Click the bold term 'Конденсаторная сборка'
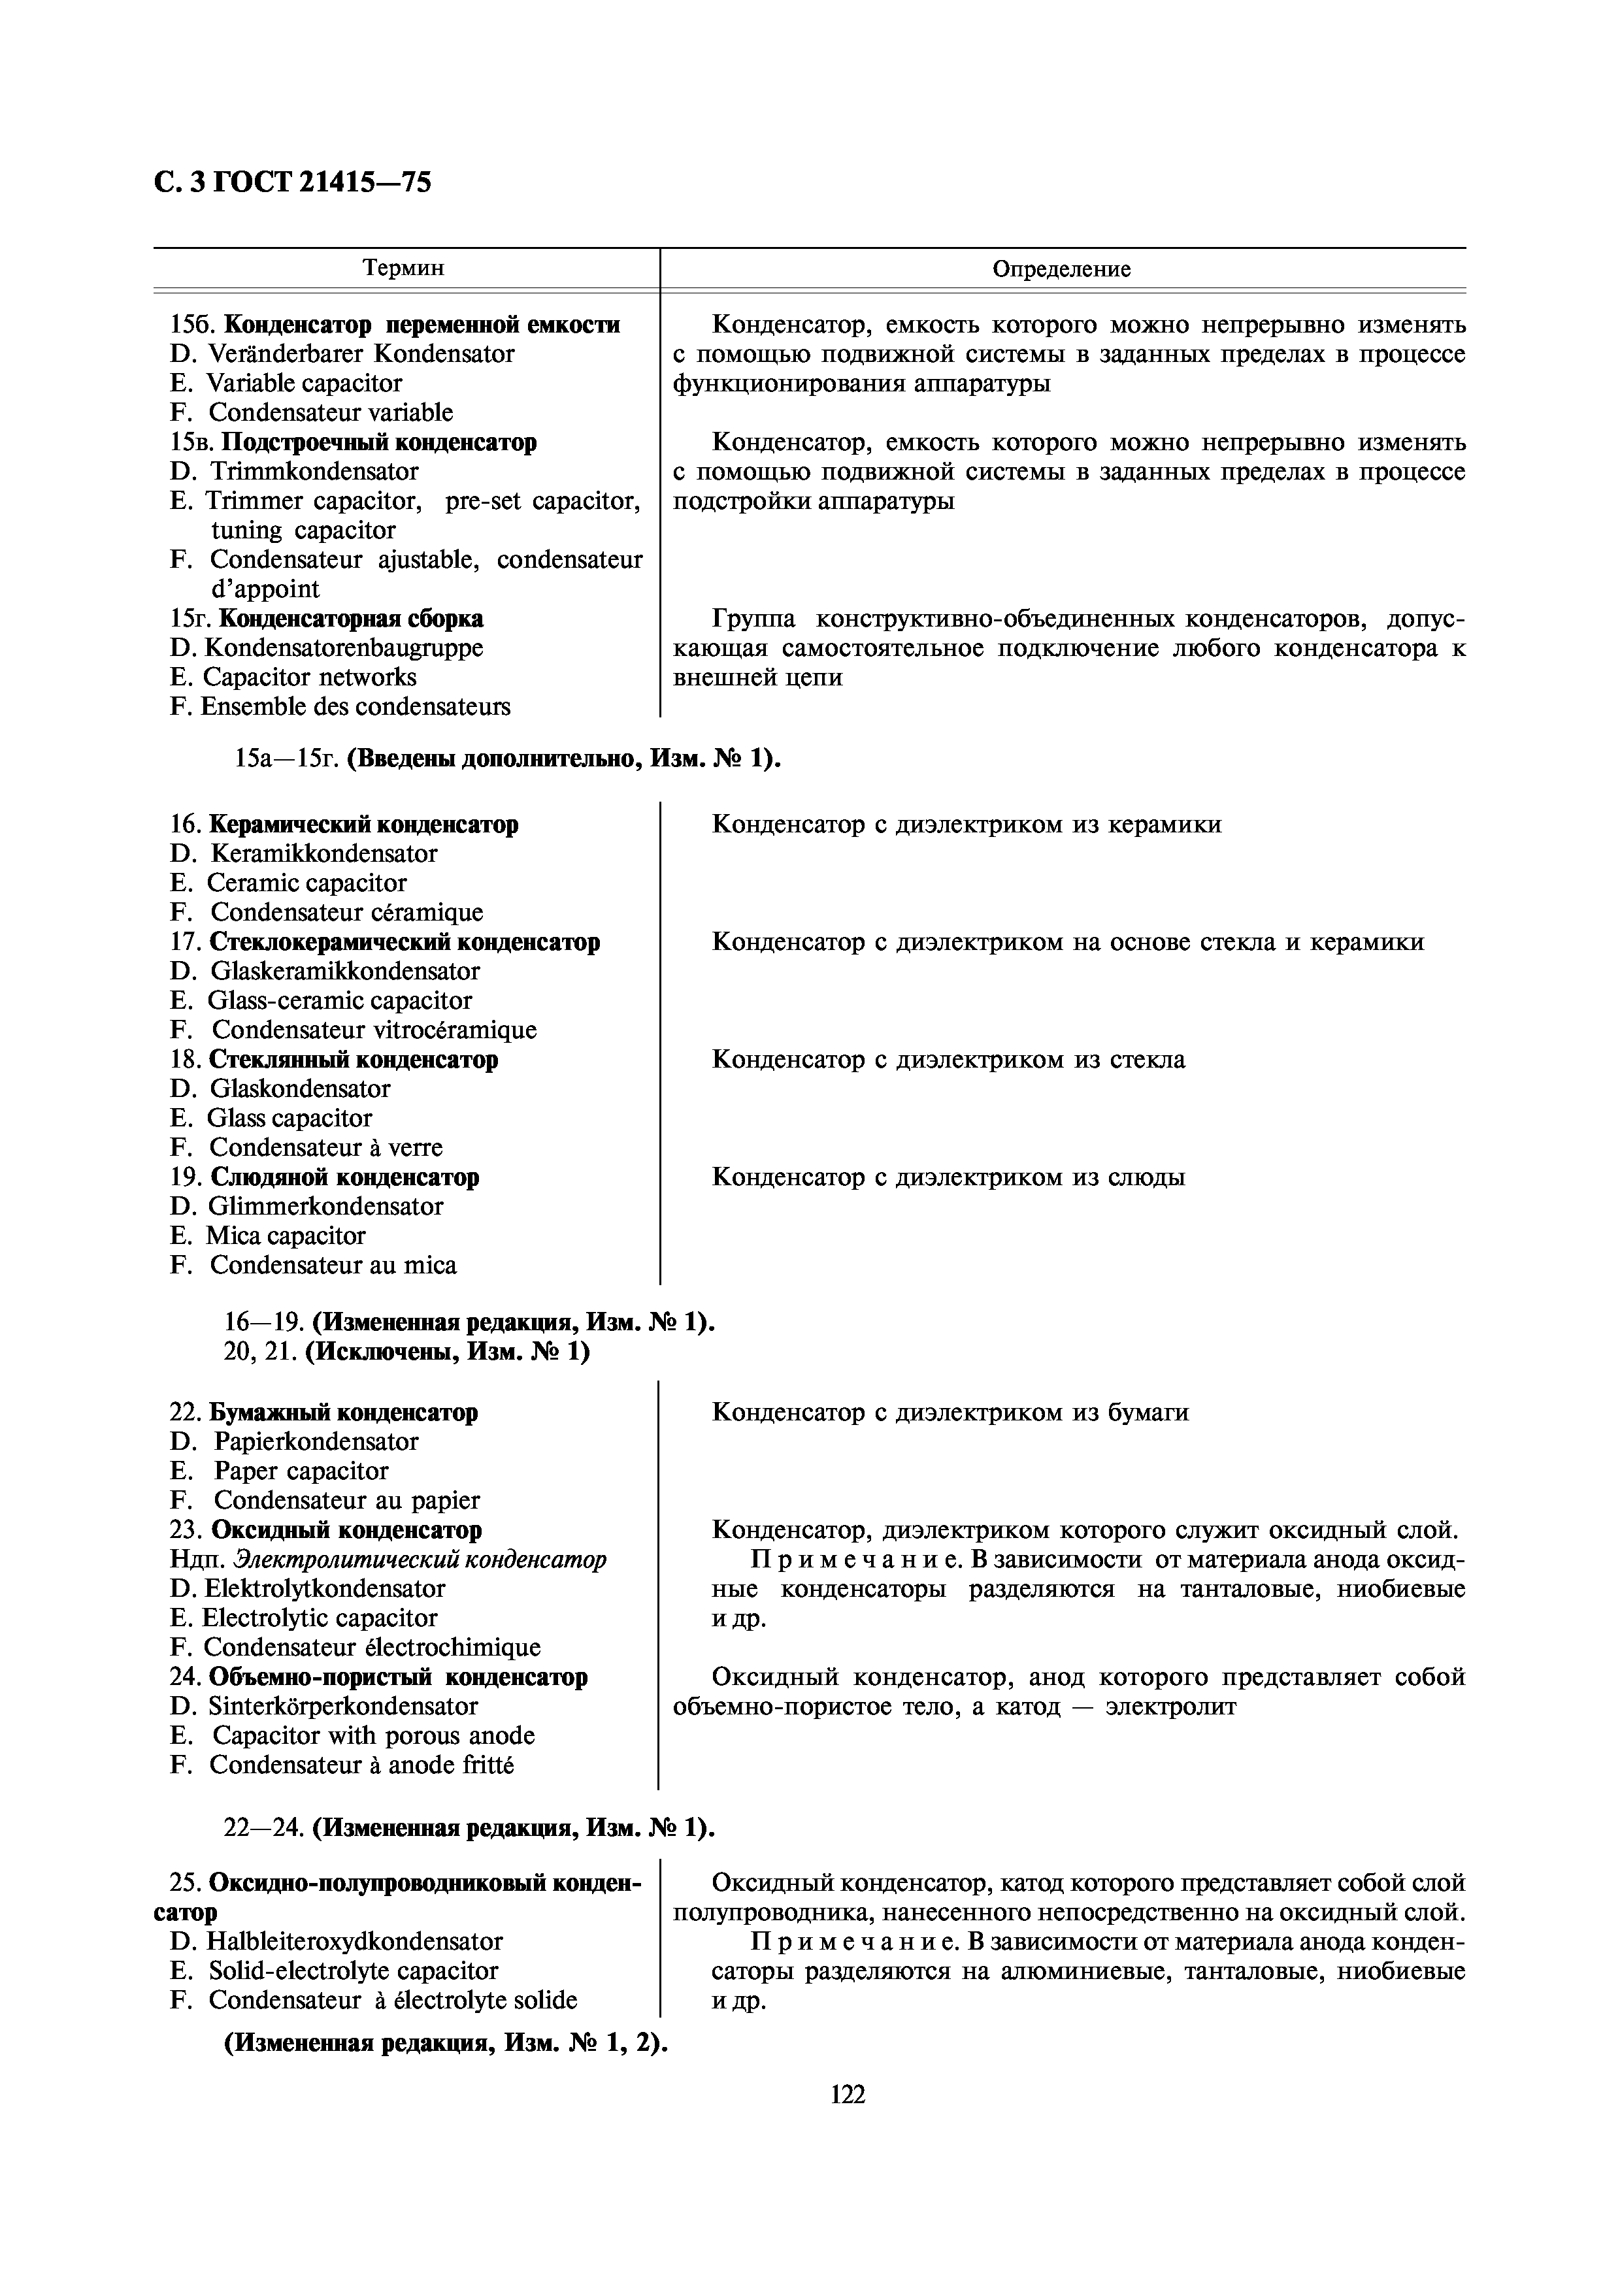[x=350, y=618]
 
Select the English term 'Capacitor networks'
[x=309, y=677]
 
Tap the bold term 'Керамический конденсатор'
[x=363, y=825]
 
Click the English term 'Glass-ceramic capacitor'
[x=339, y=1000]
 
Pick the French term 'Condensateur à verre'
[x=325, y=1147]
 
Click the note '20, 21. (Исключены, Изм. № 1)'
[x=406, y=1352]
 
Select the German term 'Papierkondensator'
[x=316, y=1441]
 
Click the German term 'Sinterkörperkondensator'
[x=342, y=1706]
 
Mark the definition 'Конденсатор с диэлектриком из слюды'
[x=948, y=1177]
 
